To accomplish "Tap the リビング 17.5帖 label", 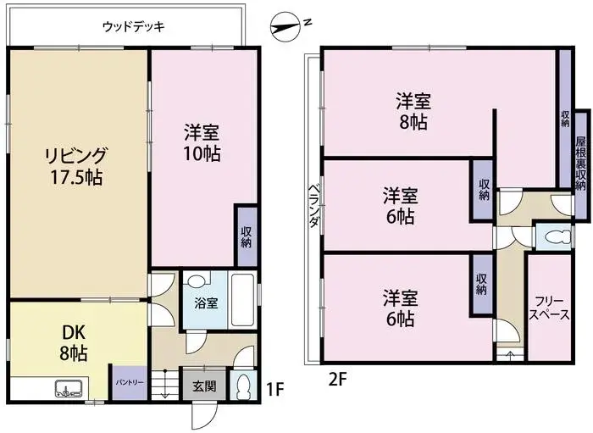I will pyautogui.click(x=76, y=165).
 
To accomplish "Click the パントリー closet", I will pyautogui.click(x=129, y=381).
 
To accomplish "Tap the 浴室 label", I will pyautogui.click(x=207, y=302).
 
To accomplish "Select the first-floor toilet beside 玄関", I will pyautogui.click(x=243, y=386).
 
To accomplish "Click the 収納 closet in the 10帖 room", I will pyautogui.click(x=246, y=237).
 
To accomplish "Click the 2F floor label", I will pyautogui.click(x=338, y=378).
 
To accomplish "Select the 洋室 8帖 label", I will pyautogui.click(x=413, y=111).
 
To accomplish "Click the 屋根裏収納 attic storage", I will pyautogui.click(x=581, y=162).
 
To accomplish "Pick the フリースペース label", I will pyautogui.click(x=548, y=307).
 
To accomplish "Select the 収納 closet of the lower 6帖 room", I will pyautogui.click(x=481, y=284).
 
